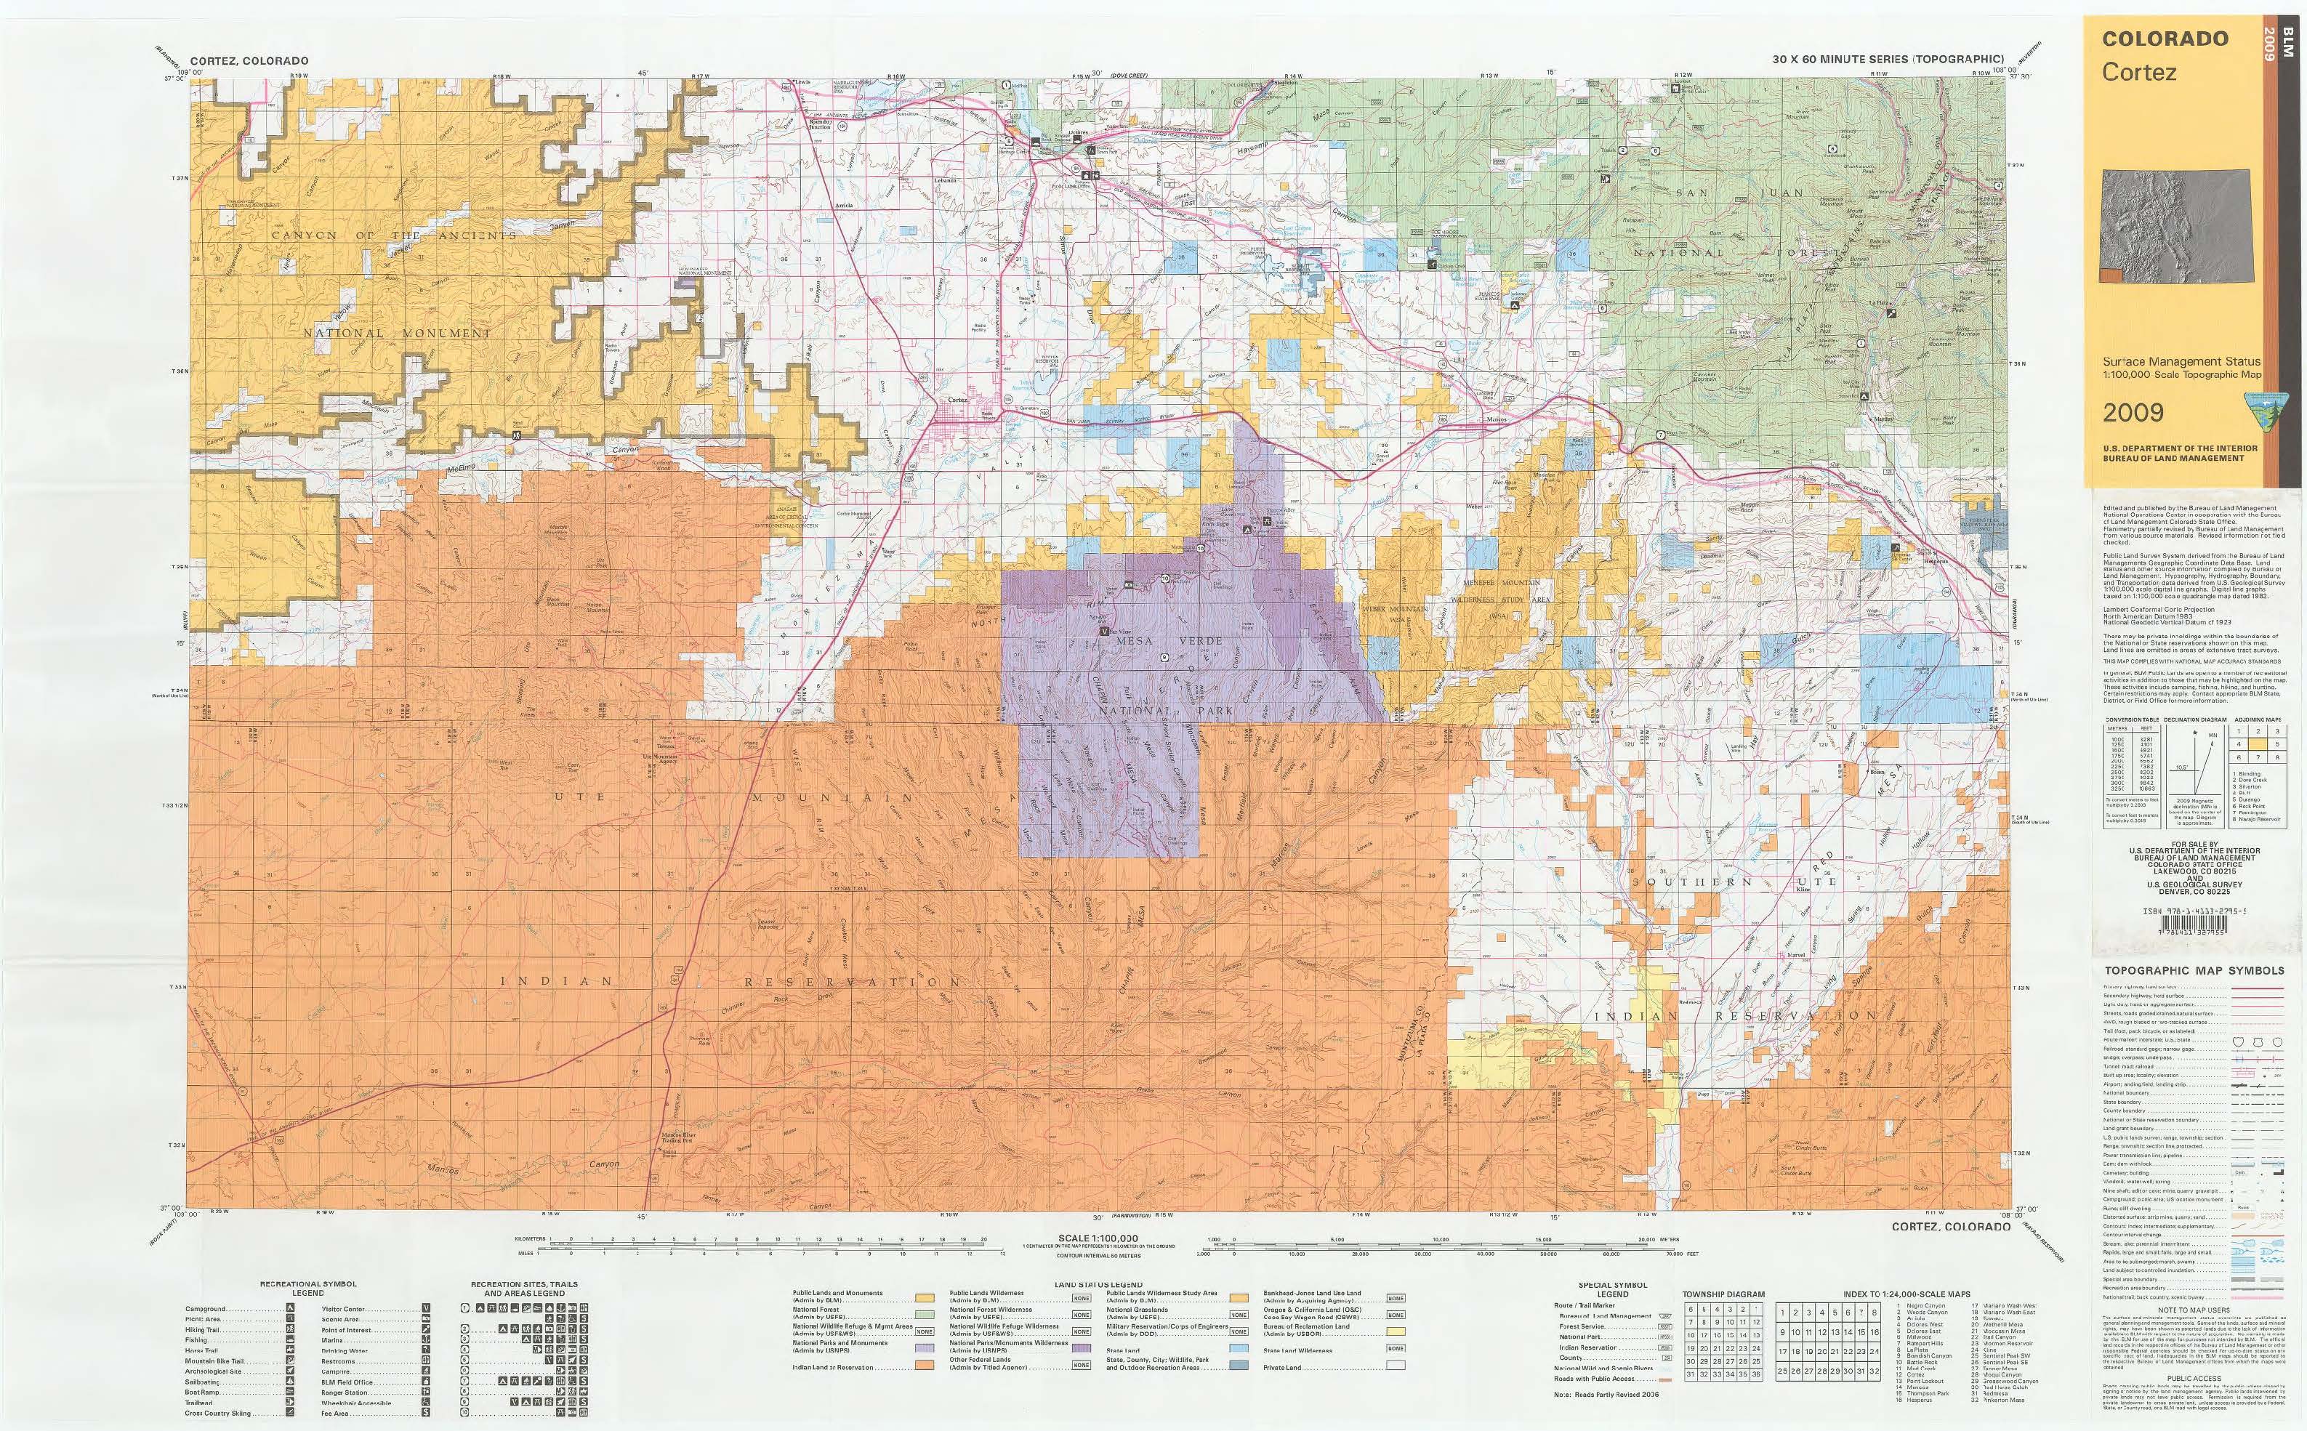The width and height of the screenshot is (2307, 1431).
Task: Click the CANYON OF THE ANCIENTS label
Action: [x=395, y=235]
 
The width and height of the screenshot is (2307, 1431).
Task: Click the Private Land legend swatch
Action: [x=1395, y=1366]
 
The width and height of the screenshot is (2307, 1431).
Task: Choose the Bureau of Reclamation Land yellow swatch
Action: [x=1395, y=1331]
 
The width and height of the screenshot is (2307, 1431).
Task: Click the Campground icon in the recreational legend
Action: [x=289, y=1309]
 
